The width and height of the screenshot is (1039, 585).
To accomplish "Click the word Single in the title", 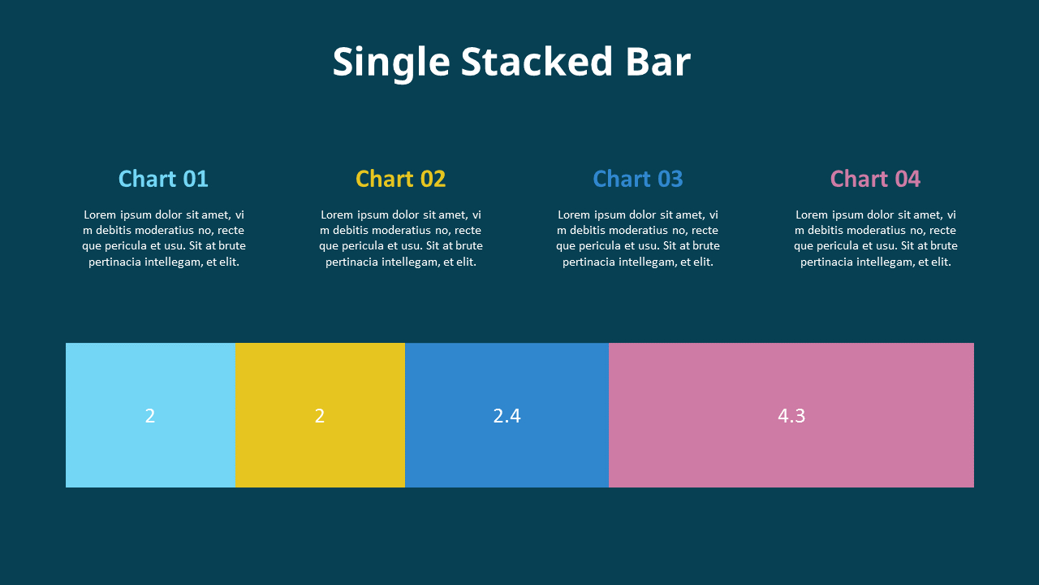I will point(390,63).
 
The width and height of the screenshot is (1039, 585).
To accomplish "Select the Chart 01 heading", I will point(163,179).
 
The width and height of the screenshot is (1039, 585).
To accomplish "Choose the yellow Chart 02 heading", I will point(401,179).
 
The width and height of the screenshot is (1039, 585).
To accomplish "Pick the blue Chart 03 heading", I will point(638,179).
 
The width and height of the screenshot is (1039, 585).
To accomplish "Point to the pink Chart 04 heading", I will point(875,179).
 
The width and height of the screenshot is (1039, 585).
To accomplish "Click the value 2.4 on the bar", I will point(507,416).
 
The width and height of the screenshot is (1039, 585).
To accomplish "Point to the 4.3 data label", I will point(791,416).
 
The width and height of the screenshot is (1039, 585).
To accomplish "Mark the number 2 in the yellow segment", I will point(320,416).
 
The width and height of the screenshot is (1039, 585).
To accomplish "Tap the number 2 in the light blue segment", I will point(150,416).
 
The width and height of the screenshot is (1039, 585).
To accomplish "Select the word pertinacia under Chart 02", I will point(352,262).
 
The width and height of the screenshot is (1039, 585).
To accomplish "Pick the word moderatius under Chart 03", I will point(633,231).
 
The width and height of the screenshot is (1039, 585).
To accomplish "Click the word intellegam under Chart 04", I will point(886,262).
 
